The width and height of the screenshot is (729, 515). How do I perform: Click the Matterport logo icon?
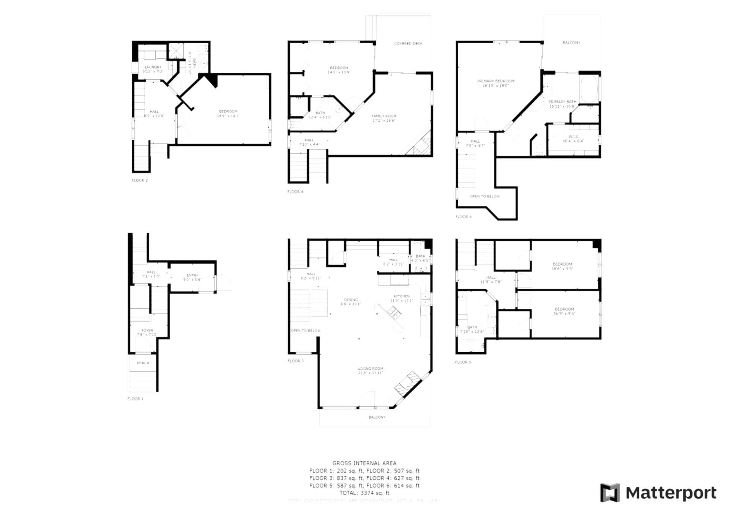[610, 493]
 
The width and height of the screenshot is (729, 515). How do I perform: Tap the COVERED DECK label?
[408, 44]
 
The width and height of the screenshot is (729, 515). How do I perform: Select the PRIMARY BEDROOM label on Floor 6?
[495, 81]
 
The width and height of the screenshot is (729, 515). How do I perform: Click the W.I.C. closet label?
[573, 136]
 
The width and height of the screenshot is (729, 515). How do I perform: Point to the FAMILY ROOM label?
[384, 116]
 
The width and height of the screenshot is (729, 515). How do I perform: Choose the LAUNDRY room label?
[153, 67]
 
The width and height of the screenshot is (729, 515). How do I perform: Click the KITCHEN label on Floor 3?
[401, 296]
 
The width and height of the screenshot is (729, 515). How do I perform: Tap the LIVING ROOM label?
[371, 369]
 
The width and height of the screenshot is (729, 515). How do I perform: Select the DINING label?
[350, 300]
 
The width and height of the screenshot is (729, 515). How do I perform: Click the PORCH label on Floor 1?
[143, 363]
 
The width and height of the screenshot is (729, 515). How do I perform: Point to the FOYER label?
[147, 330]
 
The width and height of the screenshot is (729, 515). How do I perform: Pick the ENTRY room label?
[192, 276]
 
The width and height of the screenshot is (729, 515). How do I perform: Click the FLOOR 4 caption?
[295, 192]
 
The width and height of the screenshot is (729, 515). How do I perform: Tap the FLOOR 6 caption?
[463, 217]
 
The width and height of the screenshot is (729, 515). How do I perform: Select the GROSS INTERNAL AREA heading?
[364, 463]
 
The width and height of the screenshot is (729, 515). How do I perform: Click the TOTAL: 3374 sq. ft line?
[364, 493]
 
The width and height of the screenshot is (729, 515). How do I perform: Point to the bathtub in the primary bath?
[589, 89]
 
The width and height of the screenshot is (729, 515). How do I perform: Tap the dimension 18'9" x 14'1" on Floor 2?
[228, 116]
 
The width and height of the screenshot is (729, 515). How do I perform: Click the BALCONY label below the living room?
[377, 417]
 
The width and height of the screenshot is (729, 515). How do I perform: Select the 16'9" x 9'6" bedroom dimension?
[564, 313]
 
